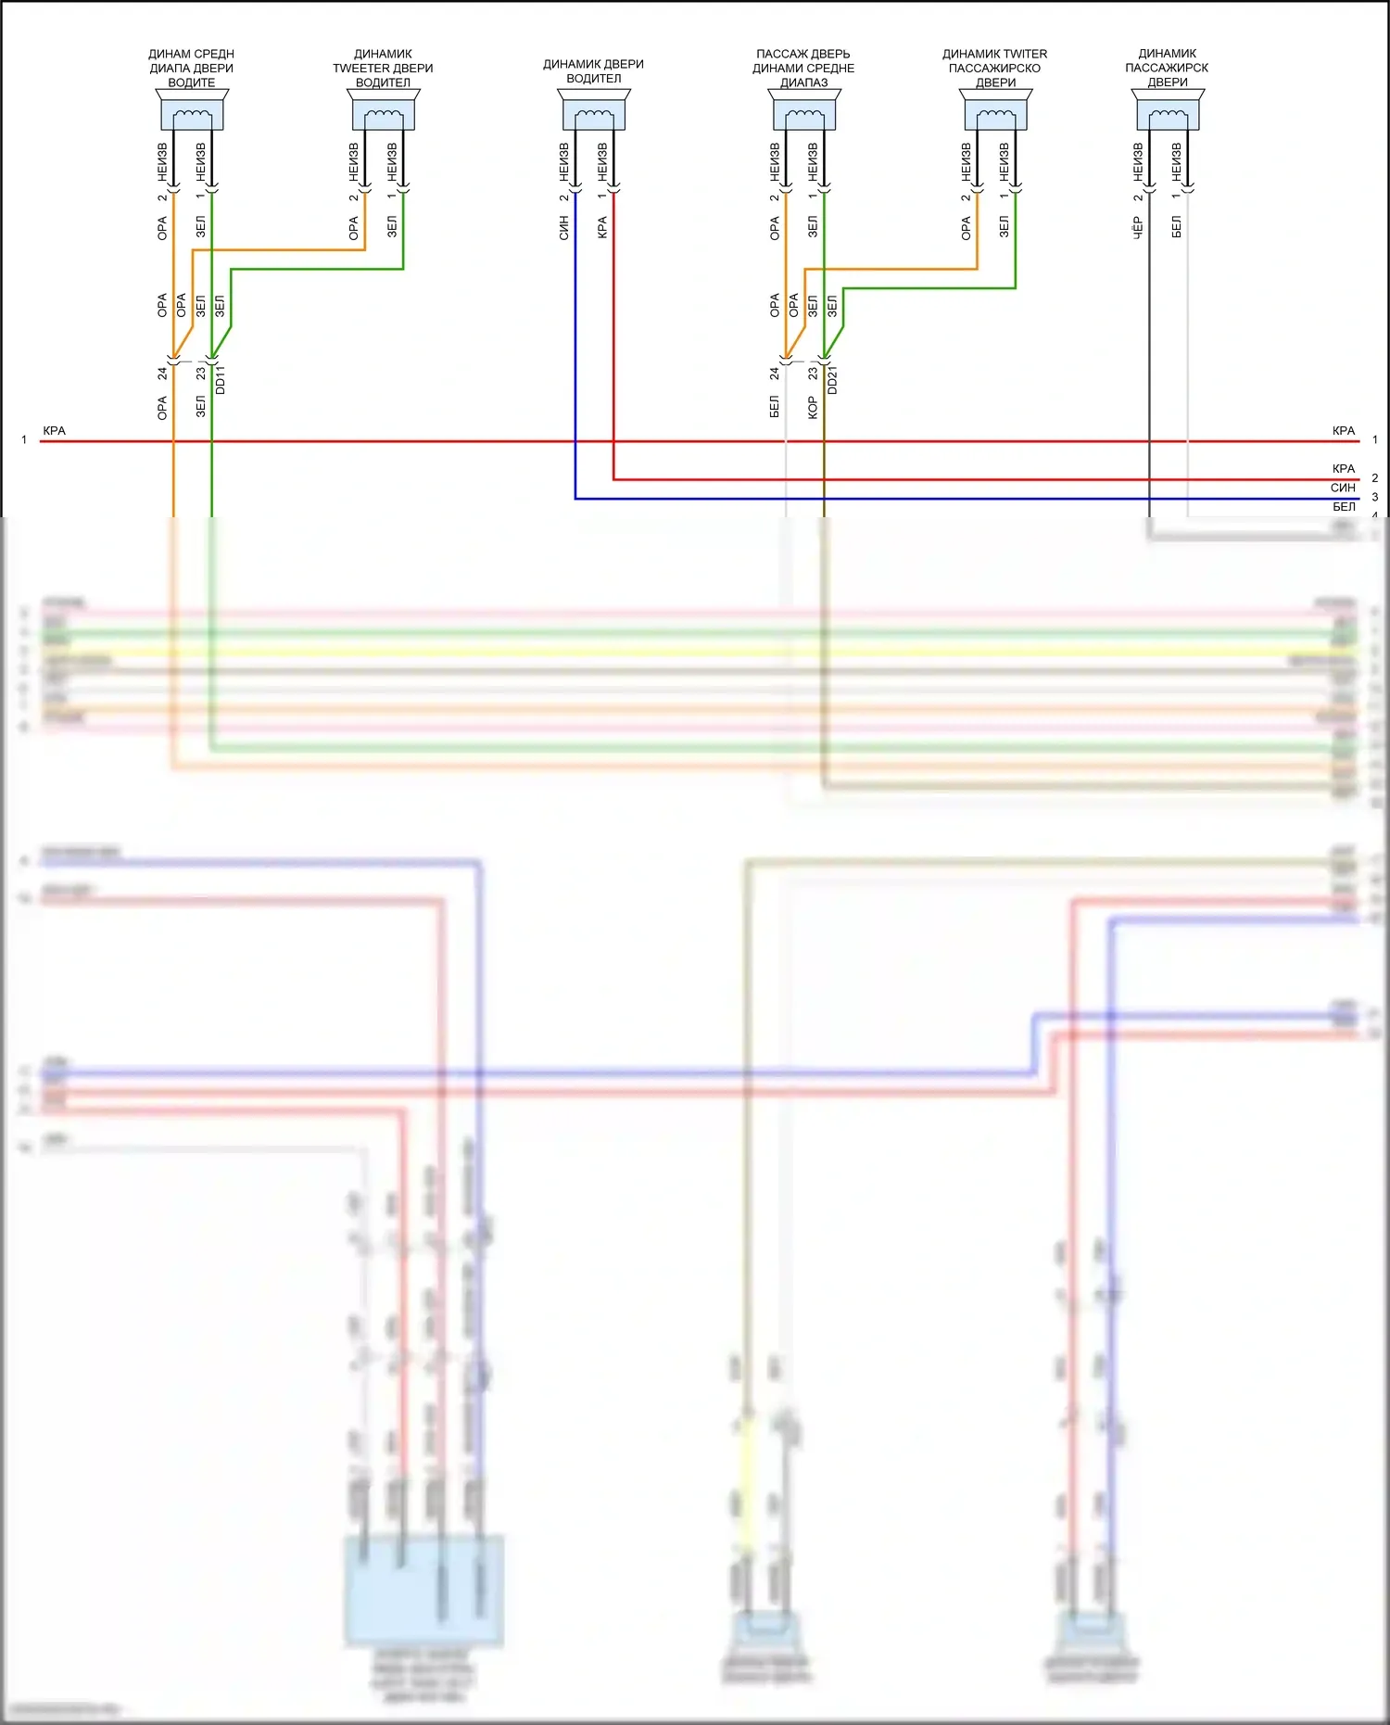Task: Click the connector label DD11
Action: (221, 380)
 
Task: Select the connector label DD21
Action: (832, 380)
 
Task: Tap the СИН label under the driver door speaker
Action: (563, 228)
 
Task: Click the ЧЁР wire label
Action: (1138, 228)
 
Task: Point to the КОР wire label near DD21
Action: (813, 407)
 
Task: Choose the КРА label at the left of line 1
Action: (55, 431)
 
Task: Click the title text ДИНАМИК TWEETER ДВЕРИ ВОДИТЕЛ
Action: (383, 68)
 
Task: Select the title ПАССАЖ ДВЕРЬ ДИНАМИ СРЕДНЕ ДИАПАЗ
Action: (803, 68)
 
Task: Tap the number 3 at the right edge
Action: (1375, 497)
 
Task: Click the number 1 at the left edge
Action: (24, 440)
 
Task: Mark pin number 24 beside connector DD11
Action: (163, 373)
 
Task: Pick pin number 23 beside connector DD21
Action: (813, 373)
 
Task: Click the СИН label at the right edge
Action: (1343, 488)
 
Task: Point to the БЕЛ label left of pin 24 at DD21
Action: (775, 407)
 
